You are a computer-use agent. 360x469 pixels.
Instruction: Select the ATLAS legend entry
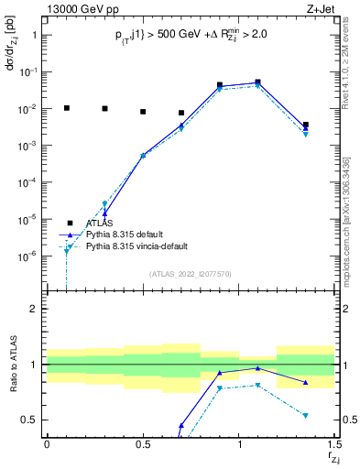100,223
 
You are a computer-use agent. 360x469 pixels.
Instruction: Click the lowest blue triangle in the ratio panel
181,425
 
